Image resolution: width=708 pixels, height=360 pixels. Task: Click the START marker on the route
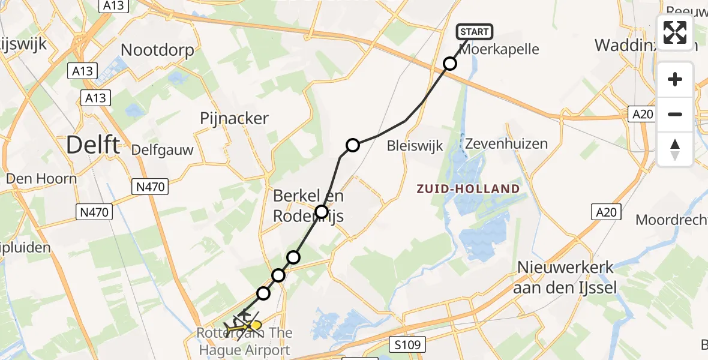475,32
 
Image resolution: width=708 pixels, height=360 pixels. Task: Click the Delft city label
92,145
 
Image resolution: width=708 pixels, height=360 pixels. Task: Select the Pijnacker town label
234,119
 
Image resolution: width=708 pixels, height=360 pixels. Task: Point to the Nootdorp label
158,50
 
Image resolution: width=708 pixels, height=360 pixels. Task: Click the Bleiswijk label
415,145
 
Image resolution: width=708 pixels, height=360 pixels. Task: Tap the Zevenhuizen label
509,144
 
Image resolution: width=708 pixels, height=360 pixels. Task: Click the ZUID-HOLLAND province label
468,189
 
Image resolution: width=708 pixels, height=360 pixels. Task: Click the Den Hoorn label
41,179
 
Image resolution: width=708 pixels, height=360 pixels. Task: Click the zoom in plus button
675,79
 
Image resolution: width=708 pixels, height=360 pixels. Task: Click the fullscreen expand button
675,32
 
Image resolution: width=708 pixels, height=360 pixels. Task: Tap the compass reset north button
675,149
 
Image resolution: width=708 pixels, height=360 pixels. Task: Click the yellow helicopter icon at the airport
253,326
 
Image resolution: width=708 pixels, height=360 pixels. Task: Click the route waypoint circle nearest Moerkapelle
450,64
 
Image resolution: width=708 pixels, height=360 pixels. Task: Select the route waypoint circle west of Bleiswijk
353,145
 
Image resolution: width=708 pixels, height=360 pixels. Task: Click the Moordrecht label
671,220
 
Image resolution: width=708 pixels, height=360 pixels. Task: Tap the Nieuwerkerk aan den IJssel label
566,278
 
